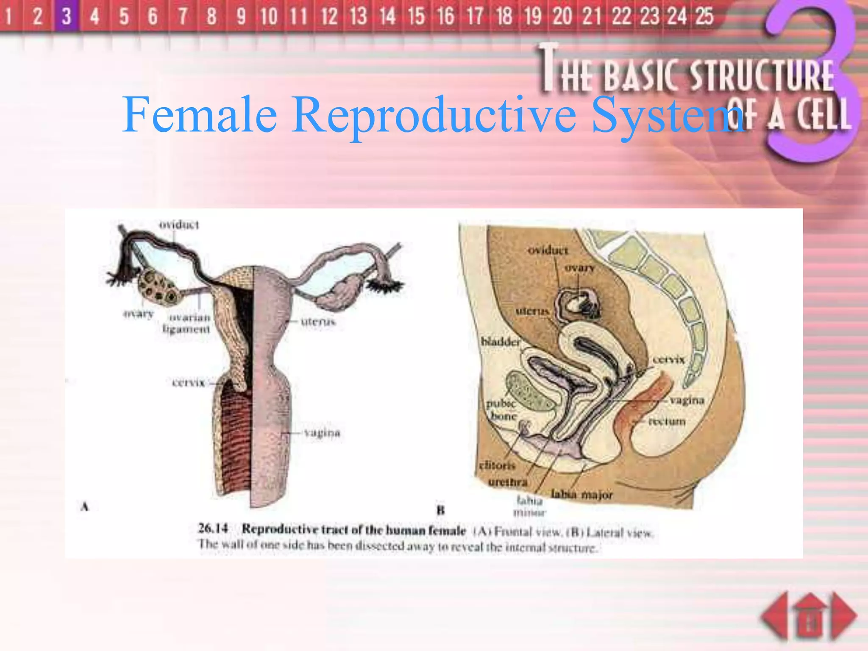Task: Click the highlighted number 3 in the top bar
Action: pos(66,16)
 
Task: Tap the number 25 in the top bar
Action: pos(704,16)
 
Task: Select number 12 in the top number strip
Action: pos(329,16)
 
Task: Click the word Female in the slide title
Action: pos(199,114)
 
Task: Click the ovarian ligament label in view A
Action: pos(187,323)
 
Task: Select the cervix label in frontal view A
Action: pos(188,383)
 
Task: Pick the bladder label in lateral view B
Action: pos(500,342)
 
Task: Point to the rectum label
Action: pos(666,421)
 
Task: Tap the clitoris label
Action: pos(497,465)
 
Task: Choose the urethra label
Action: pos(508,482)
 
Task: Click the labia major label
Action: pos(581,495)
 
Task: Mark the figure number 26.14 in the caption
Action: pos(213,529)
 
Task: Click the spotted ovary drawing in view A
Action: pos(159,288)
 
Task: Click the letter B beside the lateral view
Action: pos(441,510)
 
